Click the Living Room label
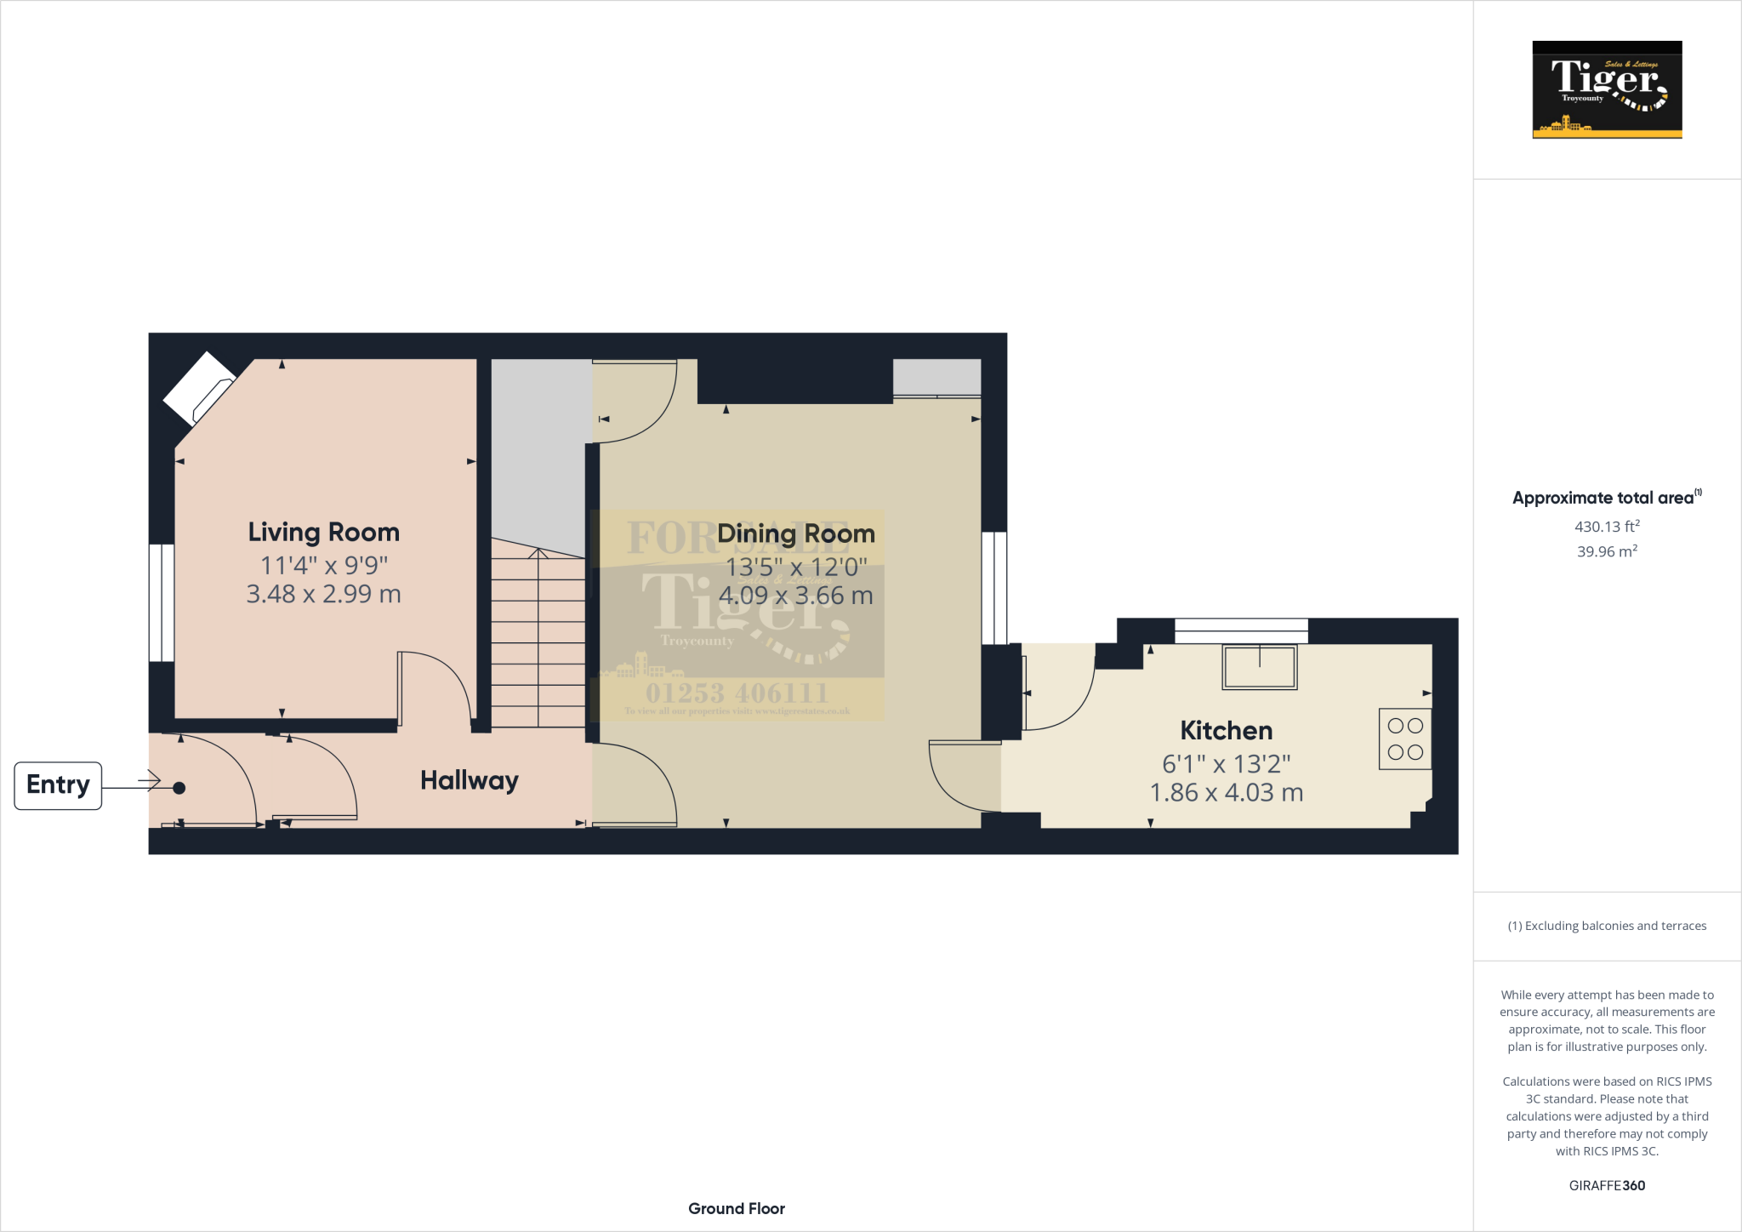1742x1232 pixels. [323, 533]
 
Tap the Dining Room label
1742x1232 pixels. [795, 533]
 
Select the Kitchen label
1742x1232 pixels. [1226, 731]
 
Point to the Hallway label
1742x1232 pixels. [469, 780]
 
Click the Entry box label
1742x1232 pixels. [58, 784]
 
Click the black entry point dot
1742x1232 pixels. [179, 788]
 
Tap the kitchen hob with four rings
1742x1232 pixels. [1404, 739]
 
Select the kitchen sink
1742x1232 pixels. [1259, 666]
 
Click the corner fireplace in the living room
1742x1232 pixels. [199, 388]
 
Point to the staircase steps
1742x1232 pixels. [538, 638]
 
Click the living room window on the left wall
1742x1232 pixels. [162, 602]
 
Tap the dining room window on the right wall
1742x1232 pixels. [993, 587]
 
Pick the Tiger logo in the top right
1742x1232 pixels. [1606, 89]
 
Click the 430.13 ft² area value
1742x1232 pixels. [1606, 527]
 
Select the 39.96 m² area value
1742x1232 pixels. [1606, 551]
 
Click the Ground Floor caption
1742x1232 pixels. [736, 1208]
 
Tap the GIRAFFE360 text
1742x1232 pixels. [1606, 1185]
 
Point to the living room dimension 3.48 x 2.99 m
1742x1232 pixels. [323, 594]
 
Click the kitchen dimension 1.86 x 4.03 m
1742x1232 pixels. [1226, 793]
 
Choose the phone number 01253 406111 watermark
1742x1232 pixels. [737, 693]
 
